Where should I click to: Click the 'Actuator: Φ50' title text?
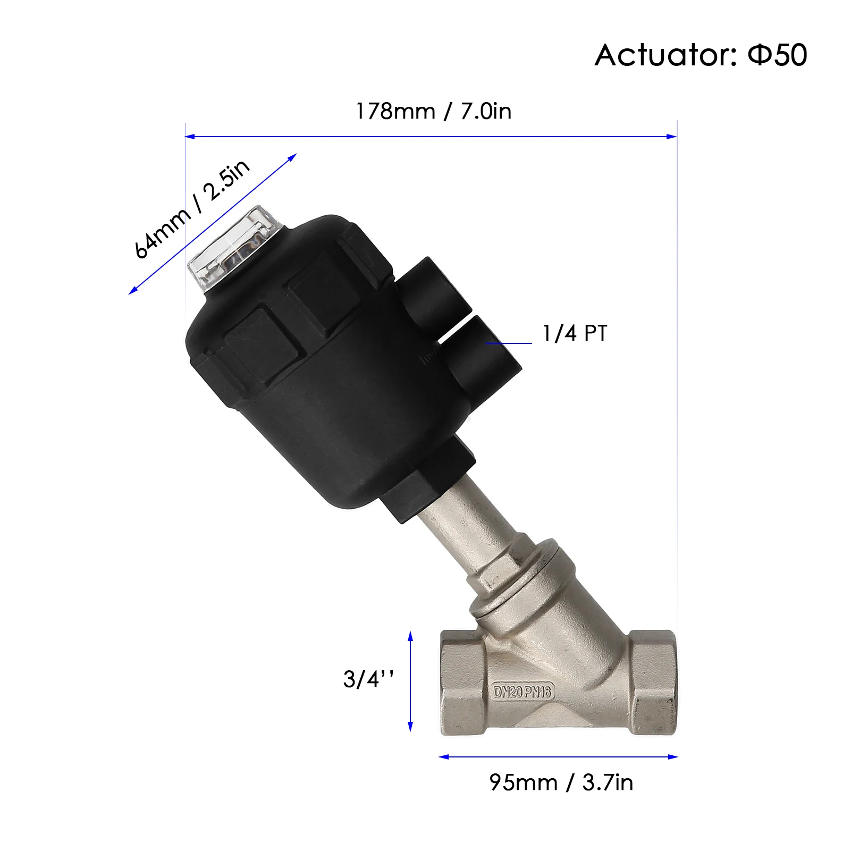pos(701,55)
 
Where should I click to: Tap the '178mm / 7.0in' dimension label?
pos(433,111)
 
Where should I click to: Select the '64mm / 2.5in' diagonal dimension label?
pos(191,209)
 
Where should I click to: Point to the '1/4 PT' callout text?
pos(574,333)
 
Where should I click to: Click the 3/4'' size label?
pos(368,679)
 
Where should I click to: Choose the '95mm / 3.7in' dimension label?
pos(561,782)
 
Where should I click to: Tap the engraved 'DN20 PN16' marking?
pos(523,692)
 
